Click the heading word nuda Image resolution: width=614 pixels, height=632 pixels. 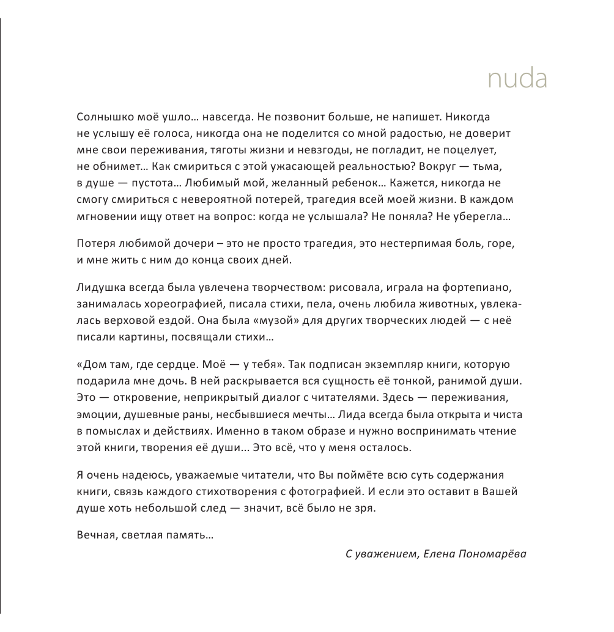(517, 79)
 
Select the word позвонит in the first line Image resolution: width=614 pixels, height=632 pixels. (295, 116)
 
